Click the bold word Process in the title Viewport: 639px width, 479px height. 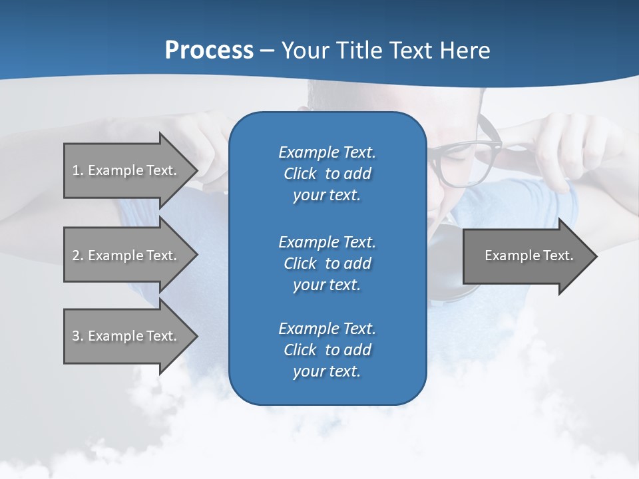pyautogui.click(x=209, y=51)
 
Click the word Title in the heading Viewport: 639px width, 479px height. pyautogui.click(x=359, y=51)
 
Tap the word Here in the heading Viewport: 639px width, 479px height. pyautogui.click(x=465, y=51)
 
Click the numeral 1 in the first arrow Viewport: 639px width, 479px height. pyautogui.click(x=75, y=170)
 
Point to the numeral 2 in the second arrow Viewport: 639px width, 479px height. pyautogui.click(x=76, y=255)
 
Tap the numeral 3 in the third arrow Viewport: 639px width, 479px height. pyautogui.click(x=76, y=336)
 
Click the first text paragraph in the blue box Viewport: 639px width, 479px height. pyautogui.click(x=327, y=174)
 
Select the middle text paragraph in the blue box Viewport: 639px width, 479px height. pyautogui.click(x=327, y=263)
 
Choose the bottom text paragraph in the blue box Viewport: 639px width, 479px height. pyautogui.click(x=327, y=350)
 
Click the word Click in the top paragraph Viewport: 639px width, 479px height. pyautogui.click(x=300, y=174)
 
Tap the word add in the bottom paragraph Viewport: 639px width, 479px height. pyautogui.click(x=358, y=350)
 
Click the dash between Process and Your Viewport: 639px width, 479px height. pyautogui.click(x=267, y=51)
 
